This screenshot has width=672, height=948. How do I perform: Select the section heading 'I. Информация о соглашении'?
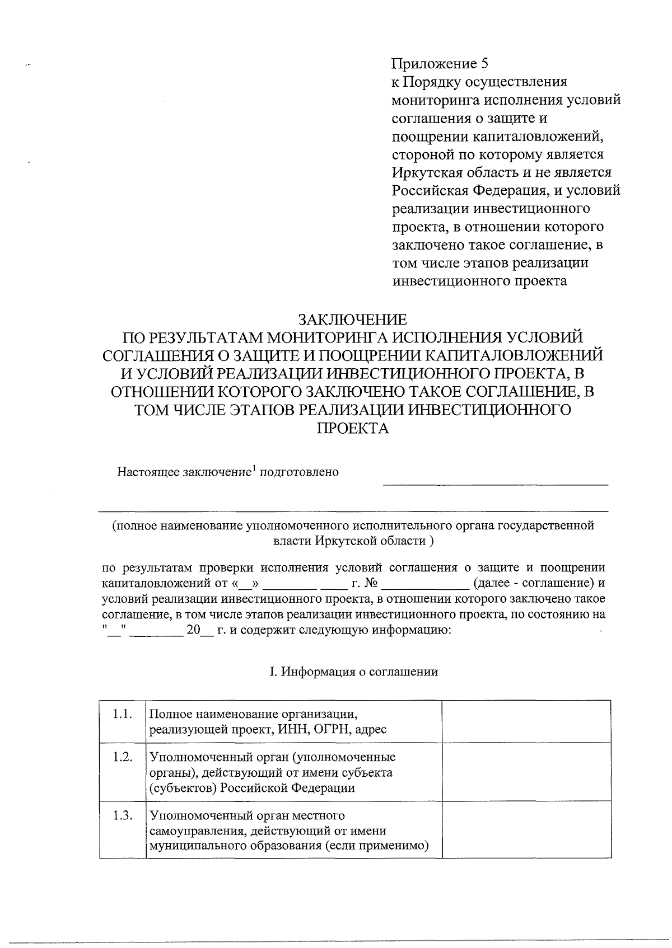point(353,672)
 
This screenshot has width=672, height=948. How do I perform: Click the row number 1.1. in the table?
point(122,714)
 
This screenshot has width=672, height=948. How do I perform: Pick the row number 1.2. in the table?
point(122,757)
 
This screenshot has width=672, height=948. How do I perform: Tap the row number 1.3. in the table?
point(122,815)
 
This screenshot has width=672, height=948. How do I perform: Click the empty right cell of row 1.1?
point(526,721)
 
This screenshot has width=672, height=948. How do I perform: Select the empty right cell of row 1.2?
point(526,772)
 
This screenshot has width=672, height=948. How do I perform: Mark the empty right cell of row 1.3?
point(526,829)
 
